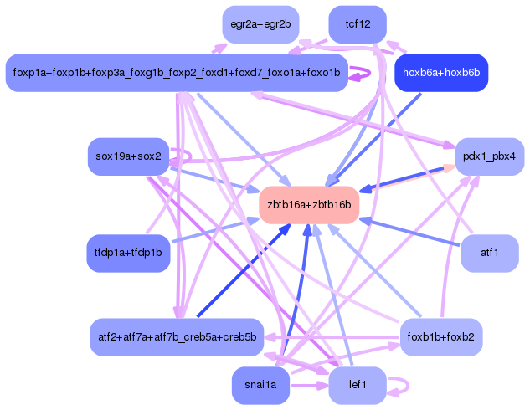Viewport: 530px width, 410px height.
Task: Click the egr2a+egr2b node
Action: [x=260, y=23]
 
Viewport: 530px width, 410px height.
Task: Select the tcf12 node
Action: [x=358, y=23]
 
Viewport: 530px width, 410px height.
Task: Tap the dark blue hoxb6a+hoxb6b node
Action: [x=440, y=73]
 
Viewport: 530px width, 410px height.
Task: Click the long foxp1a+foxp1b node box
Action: [x=177, y=73]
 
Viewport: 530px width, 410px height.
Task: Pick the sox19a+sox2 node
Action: [x=128, y=156]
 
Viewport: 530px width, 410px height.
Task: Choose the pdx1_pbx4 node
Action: [x=490, y=156]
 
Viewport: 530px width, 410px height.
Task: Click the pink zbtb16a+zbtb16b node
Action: [x=309, y=204]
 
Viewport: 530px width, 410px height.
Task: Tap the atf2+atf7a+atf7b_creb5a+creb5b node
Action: [x=177, y=336]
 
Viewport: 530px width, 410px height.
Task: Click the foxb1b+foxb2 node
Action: [x=440, y=336]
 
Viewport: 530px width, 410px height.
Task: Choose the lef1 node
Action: [x=356, y=385]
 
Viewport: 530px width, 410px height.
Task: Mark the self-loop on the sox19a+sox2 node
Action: [x=186, y=156]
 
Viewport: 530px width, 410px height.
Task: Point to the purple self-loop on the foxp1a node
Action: [x=363, y=73]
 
